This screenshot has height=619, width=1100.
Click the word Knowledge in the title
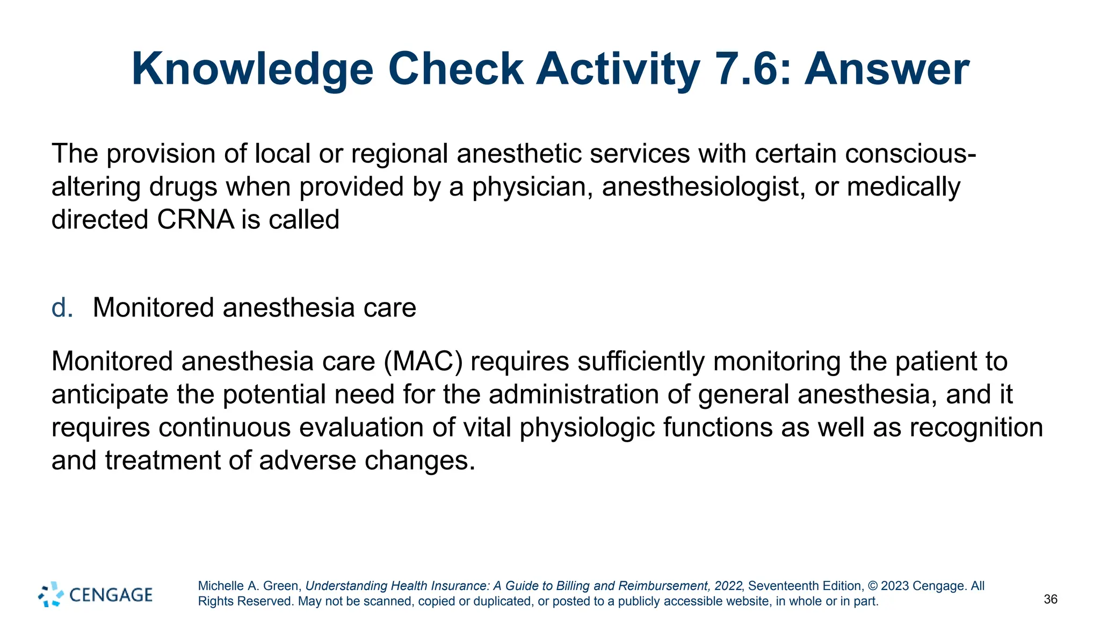252,70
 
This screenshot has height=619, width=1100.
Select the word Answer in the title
887,70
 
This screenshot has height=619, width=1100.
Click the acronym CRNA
196,220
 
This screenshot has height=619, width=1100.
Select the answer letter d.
62,308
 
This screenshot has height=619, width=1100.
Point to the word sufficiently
641,361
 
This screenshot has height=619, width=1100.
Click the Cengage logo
96,594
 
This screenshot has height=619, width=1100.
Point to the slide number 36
1051,599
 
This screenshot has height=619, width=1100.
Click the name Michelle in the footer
221,586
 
